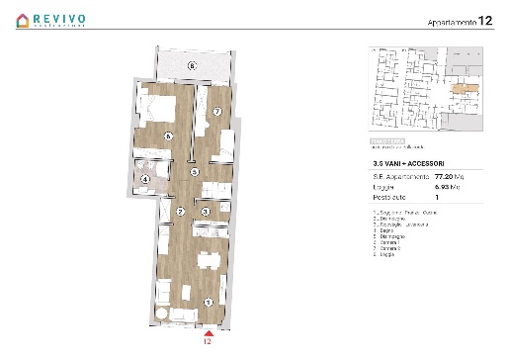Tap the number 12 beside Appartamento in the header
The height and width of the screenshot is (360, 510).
[484, 20]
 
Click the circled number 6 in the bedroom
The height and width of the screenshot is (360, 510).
[169, 136]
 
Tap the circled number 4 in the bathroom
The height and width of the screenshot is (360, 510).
[146, 179]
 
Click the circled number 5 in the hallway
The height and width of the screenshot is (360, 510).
[195, 172]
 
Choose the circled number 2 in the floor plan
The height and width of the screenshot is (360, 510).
[180, 211]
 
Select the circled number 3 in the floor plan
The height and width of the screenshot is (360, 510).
[205, 211]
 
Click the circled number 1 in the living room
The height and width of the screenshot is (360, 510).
[206, 302]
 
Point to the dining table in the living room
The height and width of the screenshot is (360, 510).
[208, 262]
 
